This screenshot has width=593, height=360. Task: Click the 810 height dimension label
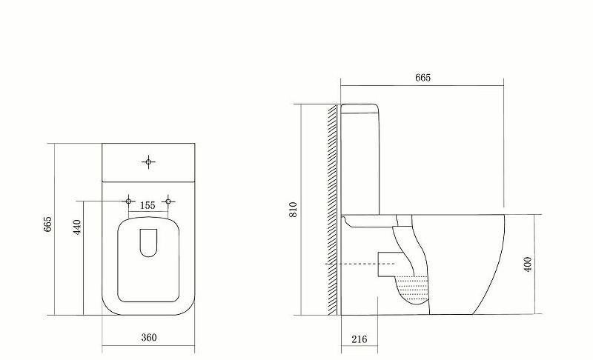coord(294,210)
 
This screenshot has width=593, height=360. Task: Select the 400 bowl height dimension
coord(528,264)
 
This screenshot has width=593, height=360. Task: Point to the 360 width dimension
coord(148,338)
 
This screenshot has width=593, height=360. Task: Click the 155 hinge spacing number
coord(148,206)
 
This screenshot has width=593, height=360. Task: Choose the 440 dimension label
coord(76,227)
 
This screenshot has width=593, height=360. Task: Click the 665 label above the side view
coord(423,77)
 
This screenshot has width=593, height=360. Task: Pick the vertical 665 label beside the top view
coord(48,224)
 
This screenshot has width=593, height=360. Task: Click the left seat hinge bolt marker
coord(129,201)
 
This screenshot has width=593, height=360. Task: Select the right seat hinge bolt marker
coord(168,201)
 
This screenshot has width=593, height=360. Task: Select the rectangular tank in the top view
coord(148,161)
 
